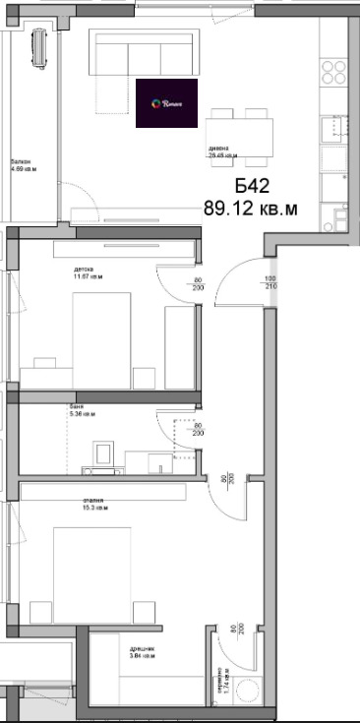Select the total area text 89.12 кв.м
click(x=250, y=208)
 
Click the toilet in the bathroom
click(x=103, y=454)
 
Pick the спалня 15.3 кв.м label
click(x=94, y=505)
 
